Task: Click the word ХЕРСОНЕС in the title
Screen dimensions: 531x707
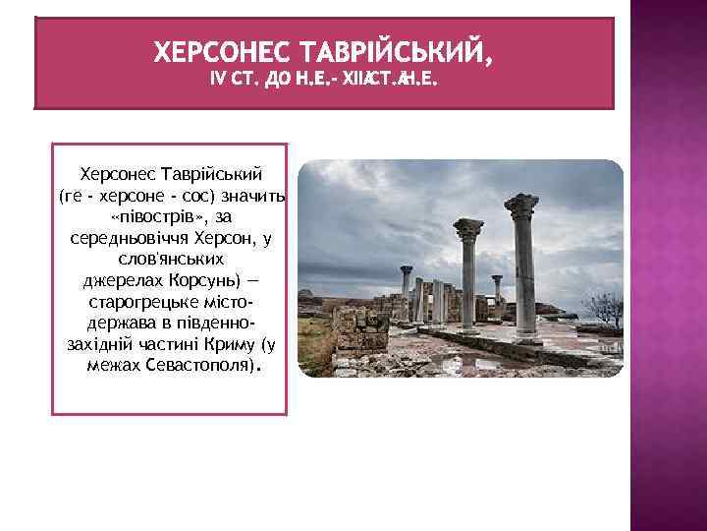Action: tap(222, 50)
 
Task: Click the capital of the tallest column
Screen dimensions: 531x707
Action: tap(521, 206)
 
